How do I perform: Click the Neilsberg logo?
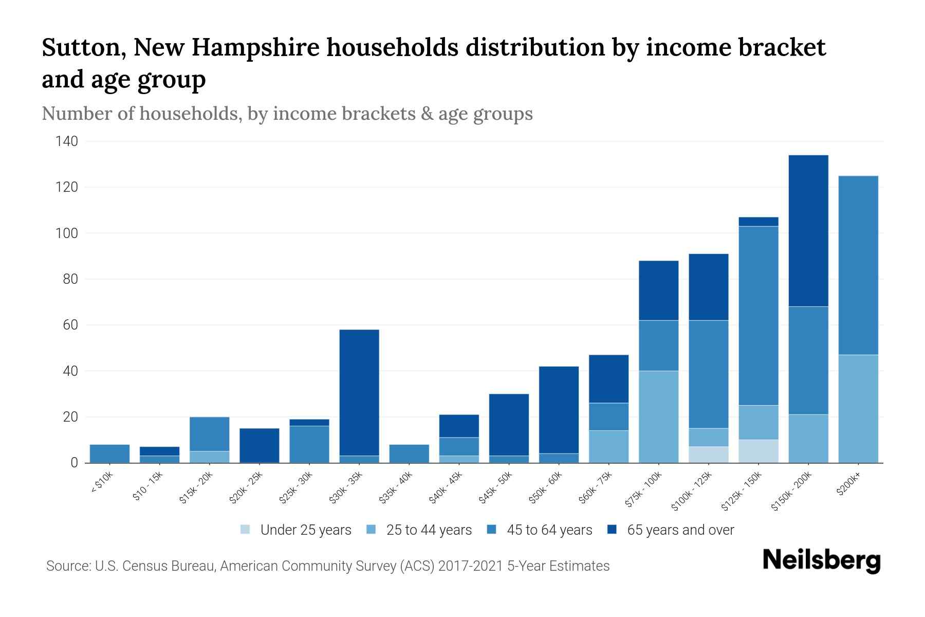[x=821, y=560]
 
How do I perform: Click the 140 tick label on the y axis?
[x=66, y=141]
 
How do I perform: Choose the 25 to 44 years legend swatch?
[x=372, y=530]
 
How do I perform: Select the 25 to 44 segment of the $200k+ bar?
[x=858, y=409]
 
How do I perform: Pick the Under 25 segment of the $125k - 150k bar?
[x=758, y=451]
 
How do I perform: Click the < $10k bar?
[x=109, y=453]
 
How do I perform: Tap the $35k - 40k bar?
[x=409, y=453]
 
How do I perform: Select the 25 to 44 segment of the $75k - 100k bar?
[x=658, y=416]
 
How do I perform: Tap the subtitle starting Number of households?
[x=287, y=114]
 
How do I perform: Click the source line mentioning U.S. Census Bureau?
[x=328, y=566]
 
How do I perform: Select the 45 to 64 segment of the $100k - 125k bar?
[x=708, y=374]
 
